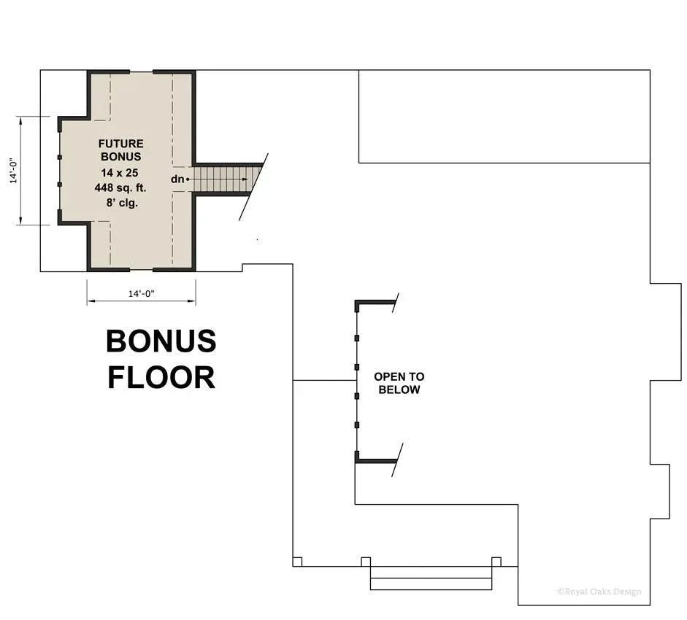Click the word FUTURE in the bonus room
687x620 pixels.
[121, 144]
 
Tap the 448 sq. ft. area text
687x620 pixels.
[121, 187]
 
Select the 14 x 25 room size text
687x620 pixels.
[121, 173]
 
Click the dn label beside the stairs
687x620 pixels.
[177, 179]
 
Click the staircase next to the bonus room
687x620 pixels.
[223, 179]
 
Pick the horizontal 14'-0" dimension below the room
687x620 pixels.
[142, 293]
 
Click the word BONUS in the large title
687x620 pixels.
[161, 341]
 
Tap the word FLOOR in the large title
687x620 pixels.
[161, 377]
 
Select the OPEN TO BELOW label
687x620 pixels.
[399, 383]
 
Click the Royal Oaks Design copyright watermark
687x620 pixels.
[599, 592]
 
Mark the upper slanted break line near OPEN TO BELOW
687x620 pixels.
[395, 303]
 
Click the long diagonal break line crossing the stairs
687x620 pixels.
[254, 187]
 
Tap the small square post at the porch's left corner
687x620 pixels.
[297, 562]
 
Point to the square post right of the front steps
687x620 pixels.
[496, 562]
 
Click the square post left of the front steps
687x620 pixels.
[366, 562]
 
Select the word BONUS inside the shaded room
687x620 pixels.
[121, 157]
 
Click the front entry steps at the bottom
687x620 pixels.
[431, 578]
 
